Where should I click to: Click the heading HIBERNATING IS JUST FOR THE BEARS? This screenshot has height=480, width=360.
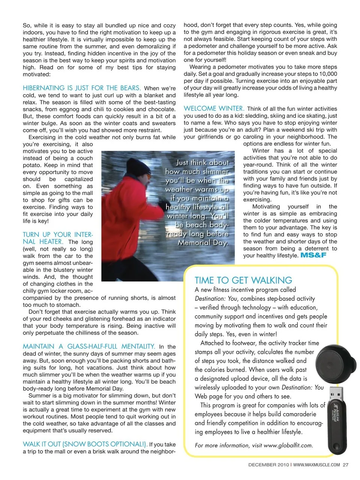coord(82,88)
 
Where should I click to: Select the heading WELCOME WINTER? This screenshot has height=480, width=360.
coord(214,108)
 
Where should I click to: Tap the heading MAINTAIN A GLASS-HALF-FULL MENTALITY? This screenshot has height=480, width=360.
coord(89,346)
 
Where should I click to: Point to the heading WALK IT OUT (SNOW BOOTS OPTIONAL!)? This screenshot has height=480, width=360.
coord(85,444)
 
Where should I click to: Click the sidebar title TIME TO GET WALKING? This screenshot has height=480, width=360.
coord(243,280)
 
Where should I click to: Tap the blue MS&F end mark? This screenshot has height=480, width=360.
coord(313,255)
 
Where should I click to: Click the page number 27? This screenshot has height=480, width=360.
coord(345,465)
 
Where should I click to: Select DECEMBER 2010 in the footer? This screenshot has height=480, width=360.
coord(268,465)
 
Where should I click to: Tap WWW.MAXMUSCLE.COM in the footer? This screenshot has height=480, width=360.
coord(316,465)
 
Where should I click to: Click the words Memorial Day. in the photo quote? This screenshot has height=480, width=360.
coord(202,243)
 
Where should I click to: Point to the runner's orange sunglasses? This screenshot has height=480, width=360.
coord(148,175)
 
